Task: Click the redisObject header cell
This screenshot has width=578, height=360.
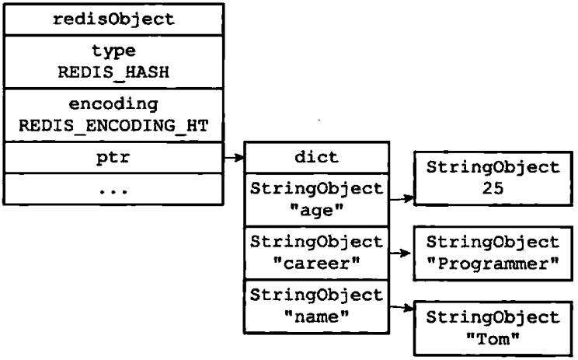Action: (113, 19)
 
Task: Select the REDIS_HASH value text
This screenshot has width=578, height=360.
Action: (113, 72)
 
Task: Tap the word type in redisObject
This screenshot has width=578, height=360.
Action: (113, 51)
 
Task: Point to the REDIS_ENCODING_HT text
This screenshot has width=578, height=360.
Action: (113, 125)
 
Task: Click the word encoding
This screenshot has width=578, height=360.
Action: (113, 104)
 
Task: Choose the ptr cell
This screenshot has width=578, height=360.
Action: (113, 158)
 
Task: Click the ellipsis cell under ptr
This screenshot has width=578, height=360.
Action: (113, 189)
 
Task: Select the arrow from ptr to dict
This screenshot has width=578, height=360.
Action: (234, 158)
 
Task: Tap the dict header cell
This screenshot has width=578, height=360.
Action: (317, 158)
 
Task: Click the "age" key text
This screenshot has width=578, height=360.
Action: (317, 211)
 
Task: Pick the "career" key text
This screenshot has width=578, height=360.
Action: (317, 264)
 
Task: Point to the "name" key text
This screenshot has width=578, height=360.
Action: (317, 316)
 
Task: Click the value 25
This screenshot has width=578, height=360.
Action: (493, 188)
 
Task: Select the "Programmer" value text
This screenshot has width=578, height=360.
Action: (493, 264)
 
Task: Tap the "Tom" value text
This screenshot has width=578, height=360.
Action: (493, 338)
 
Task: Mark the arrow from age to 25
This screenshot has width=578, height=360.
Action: (402, 199)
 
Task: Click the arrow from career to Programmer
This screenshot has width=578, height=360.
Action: (400, 253)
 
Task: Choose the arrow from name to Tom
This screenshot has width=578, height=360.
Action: (402, 307)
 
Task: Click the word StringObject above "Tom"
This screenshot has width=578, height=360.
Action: (493, 317)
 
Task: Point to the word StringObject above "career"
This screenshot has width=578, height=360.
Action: (317, 243)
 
